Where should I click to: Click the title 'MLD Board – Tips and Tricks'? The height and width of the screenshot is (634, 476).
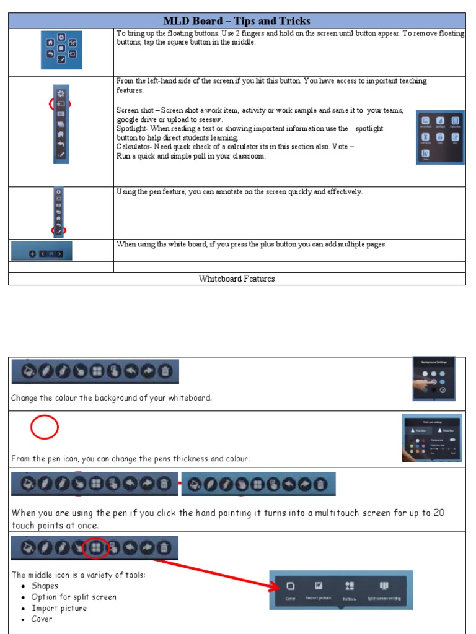click(x=236, y=21)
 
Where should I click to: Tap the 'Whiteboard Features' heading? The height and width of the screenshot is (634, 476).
click(x=236, y=279)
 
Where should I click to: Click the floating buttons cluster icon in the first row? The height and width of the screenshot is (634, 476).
click(x=61, y=50)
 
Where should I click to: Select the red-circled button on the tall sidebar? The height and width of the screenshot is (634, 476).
click(x=61, y=104)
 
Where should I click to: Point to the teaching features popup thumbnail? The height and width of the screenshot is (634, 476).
click(x=439, y=137)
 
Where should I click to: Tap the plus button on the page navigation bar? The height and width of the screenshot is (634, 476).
click(x=32, y=253)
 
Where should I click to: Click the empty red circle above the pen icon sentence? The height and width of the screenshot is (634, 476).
click(x=44, y=427)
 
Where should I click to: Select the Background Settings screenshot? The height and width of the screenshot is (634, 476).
click(x=434, y=378)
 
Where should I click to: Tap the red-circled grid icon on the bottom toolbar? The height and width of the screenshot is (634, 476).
click(x=95, y=547)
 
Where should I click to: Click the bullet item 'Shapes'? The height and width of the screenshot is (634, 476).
click(x=45, y=586)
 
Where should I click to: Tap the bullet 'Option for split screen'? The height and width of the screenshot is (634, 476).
click(x=74, y=597)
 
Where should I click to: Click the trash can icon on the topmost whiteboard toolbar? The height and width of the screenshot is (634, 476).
click(x=165, y=371)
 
